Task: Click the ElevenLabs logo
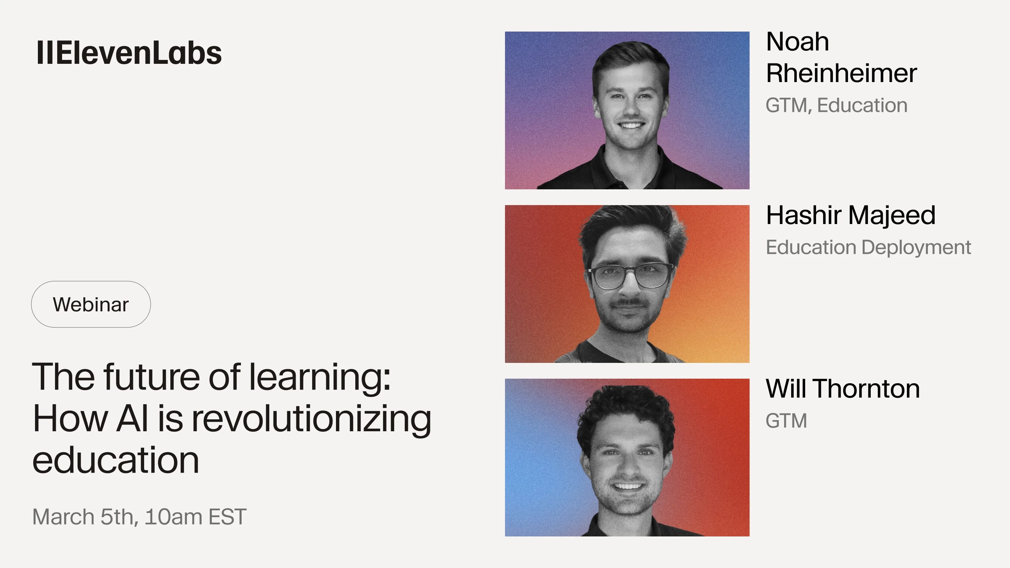[x=129, y=53]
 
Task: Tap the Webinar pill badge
[x=91, y=304]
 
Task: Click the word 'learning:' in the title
[x=320, y=377]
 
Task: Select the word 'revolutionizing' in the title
[x=311, y=419]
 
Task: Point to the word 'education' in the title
[x=116, y=460]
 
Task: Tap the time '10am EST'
[x=195, y=517]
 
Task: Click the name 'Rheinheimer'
[x=841, y=73]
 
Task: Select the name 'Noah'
[x=797, y=42]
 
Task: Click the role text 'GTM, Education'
[x=836, y=106]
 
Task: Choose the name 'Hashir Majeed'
[x=850, y=215]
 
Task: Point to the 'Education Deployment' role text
[x=868, y=247]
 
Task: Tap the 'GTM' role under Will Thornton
[x=786, y=421]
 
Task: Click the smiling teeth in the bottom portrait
[x=628, y=486]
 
